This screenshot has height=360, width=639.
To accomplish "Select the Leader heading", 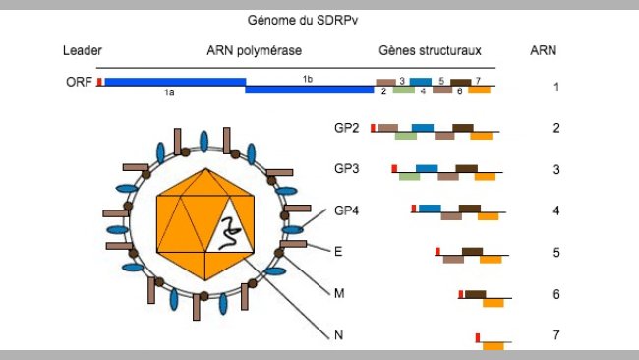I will click(82, 50).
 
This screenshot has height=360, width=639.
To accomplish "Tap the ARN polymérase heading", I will click(254, 50).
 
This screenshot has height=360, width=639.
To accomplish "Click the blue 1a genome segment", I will click(173, 83).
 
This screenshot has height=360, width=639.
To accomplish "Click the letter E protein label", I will click(338, 252).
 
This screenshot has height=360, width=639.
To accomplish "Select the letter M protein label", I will click(339, 293).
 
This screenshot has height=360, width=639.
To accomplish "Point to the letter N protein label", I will click(339, 335).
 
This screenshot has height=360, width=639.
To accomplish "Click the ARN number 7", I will click(556, 335).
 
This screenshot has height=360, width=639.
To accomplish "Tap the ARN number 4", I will click(556, 210).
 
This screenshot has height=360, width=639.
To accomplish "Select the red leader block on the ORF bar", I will click(99, 82).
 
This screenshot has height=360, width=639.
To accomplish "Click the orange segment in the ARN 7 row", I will click(494, 345).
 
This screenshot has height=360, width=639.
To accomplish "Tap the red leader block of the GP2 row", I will click(374, 127).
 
